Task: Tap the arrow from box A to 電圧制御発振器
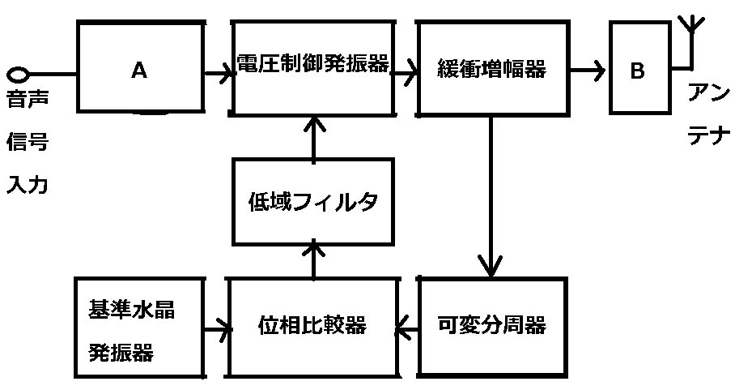[x=219, y=74]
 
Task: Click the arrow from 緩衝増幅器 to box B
[x=588, y=71]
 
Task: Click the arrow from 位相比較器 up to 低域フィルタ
[x=313, y=259]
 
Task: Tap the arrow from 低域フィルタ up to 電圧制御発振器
[x=313, y=138]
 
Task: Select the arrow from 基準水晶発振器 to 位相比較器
[x=218, y=328]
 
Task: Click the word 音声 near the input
[x=28, y=99]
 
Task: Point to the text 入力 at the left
[x=28, y=183]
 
